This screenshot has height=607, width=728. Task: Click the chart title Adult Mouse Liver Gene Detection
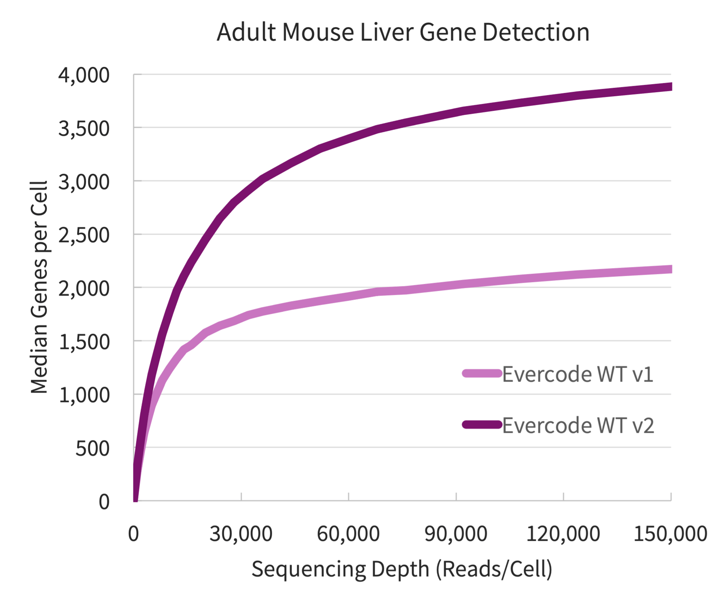click(403, 32)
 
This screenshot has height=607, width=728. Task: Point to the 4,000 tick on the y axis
click(84, 76)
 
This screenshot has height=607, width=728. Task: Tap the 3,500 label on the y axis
click(84, 129)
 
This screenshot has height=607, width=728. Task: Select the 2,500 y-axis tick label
click(84, 235)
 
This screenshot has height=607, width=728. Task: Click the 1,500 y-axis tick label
click(84, 342)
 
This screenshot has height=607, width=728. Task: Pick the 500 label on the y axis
click(92, 448)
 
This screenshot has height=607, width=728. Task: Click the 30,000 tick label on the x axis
click(241, 533)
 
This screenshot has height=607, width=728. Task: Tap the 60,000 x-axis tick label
click(348, 533)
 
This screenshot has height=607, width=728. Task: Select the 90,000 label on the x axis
click(455, 533)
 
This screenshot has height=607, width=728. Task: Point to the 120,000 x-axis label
click(563, 533)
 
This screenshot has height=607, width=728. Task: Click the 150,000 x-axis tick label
click(670, 533)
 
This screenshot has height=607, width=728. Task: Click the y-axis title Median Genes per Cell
click(39, 287)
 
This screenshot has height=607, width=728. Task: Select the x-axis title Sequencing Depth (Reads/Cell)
click(402, 569)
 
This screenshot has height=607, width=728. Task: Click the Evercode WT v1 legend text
click(578, 374)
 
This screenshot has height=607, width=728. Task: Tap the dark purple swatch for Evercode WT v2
click(482, 425)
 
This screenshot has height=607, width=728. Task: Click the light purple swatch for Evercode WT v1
click(482, 373)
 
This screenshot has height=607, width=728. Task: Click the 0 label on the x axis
click(133, 533)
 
